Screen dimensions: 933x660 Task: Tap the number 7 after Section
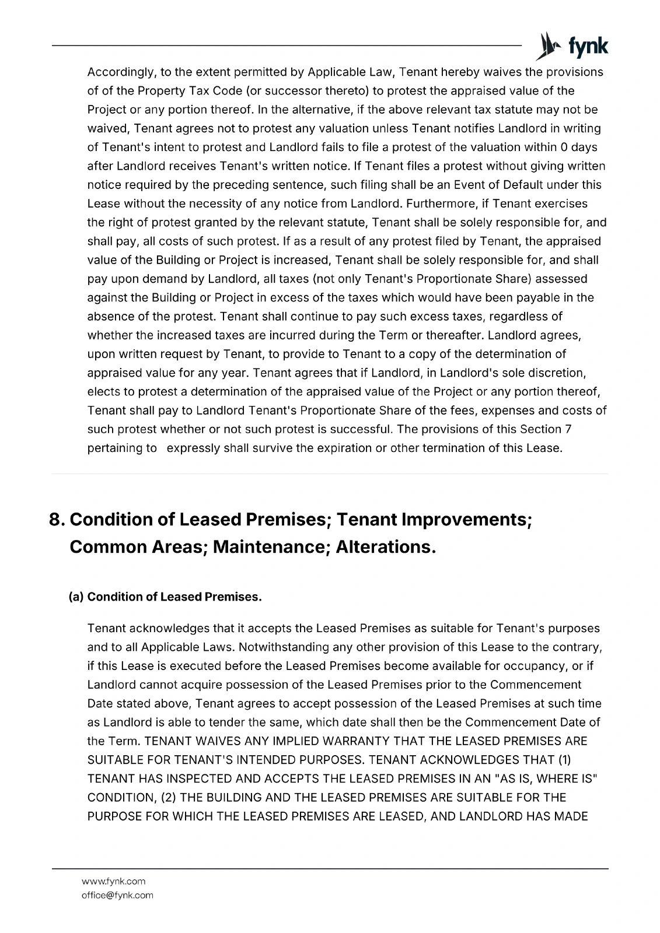pos(568,429)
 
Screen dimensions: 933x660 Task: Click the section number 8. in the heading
pos(57,519)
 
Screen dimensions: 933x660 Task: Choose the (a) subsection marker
pos(76,597)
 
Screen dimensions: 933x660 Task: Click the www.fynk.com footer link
pos(113,881)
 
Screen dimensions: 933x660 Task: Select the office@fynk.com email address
pos(117,895)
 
